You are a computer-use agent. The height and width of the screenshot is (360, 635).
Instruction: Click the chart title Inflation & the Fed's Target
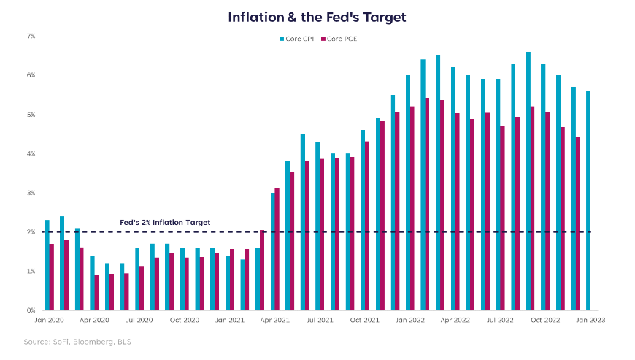click(317, 16)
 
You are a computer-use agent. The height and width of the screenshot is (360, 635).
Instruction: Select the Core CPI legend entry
click(296, 38)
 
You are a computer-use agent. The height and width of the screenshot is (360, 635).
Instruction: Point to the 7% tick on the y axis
click(31, 36)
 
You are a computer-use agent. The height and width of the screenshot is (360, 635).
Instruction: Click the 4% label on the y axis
click(31, 153)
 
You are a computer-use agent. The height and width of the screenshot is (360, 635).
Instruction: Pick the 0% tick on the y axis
click(31, 310)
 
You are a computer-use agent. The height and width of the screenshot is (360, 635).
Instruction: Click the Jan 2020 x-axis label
click(49, 320)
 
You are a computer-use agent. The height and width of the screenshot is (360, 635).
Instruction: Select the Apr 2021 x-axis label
click(274, 320)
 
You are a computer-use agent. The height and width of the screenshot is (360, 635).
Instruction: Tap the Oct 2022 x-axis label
click(545, 320)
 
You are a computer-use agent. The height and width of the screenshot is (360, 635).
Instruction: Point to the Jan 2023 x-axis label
click(590, 320)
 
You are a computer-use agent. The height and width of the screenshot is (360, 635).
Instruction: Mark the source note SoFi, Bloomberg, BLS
click(77, 342)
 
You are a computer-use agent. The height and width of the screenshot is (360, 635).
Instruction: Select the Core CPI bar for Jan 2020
click(47, 265)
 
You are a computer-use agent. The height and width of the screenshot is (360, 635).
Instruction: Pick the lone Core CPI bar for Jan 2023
click(588, 201)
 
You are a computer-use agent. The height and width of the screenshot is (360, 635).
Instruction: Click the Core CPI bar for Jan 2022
click(408, 193)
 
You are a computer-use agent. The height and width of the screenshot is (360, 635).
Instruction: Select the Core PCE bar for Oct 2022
click(547, 211)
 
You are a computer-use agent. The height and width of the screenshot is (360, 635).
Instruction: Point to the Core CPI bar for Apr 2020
click(92, 283)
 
